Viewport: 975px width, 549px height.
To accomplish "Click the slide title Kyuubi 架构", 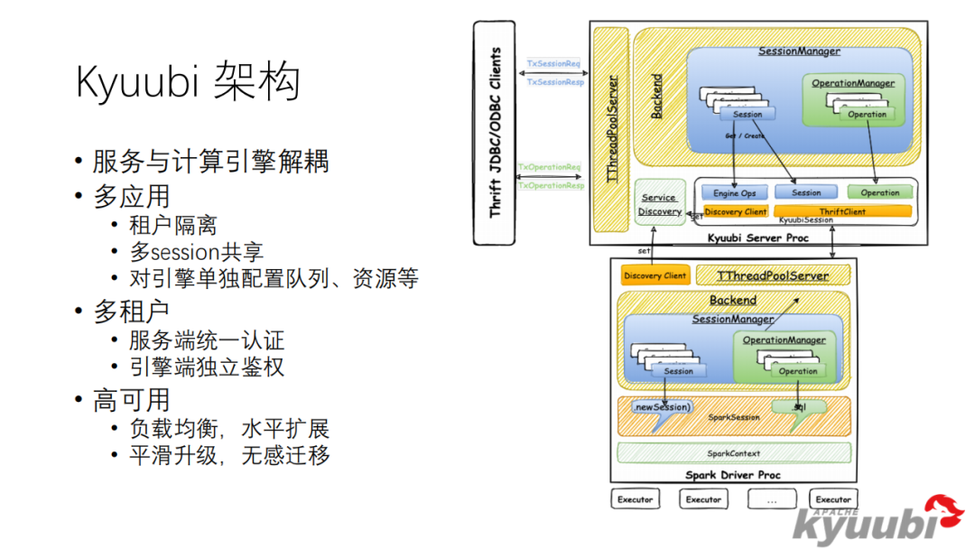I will point(187,83).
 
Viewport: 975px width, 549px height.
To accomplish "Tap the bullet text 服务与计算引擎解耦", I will point(210,162).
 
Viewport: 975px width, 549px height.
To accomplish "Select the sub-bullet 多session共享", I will point(196,252).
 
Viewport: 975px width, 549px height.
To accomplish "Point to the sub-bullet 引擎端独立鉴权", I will point(207,367).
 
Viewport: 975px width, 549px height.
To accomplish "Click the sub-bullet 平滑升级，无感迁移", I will point(229,455).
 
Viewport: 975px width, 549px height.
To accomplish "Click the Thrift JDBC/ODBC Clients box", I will point(494,133).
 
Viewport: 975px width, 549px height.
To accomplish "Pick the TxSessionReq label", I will point(553,65).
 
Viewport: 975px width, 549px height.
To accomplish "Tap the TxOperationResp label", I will point(551,185).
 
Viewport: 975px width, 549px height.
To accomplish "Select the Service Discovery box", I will point(660,204).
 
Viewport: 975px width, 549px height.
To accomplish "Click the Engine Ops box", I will point(735,192).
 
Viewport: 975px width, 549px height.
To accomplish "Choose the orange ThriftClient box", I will point(842,211).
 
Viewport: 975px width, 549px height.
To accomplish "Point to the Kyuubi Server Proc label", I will point(758,237).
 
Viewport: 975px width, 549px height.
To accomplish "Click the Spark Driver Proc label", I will point(732,475).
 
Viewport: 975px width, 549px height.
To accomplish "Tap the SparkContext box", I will point(733,452).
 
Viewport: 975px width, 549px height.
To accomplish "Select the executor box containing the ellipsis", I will point(772,499).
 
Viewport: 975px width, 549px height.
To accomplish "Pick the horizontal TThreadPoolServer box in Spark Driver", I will point(772,275).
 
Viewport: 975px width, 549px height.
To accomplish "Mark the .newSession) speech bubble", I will point(662,407).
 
